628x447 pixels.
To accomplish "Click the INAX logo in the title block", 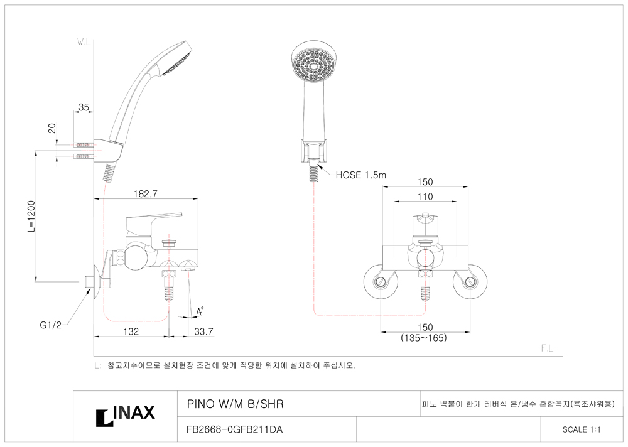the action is pos(126,416).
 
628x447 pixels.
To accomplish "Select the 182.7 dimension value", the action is pos(146,194).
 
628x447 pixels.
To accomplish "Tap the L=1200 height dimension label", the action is pos(31,217).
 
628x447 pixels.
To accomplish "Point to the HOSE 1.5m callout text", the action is pos(361,175).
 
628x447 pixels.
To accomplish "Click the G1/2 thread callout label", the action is pos(50,325).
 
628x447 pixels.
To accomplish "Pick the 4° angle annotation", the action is pos(200,311).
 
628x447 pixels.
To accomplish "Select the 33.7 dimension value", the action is pos(203,331).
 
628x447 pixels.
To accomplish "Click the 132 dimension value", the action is pos(131,331).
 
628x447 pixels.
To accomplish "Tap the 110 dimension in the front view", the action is pos(425,197).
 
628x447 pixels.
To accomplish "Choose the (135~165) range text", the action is pos(424,338).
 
